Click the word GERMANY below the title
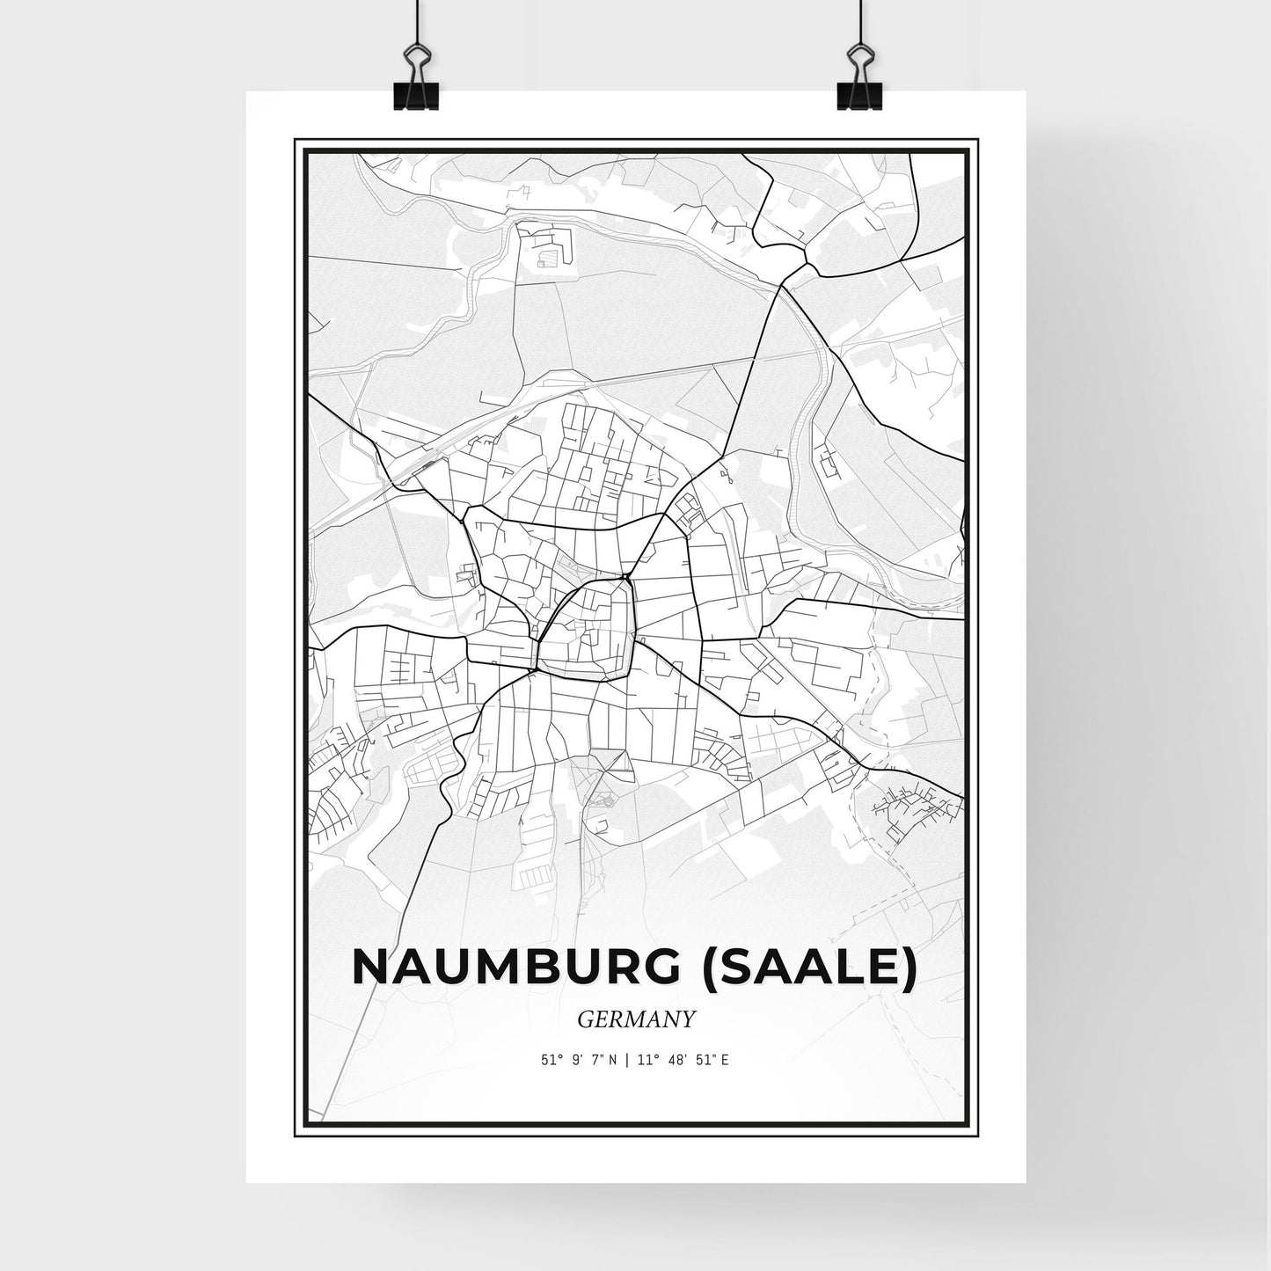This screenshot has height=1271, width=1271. point(637,1019)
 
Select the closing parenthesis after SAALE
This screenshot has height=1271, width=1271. point(909,968)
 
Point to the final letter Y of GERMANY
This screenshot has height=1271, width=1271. point(689,1019)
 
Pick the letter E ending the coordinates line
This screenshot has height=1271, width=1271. point(725,1060)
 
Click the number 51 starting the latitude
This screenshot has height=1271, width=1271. point(548,1060)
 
